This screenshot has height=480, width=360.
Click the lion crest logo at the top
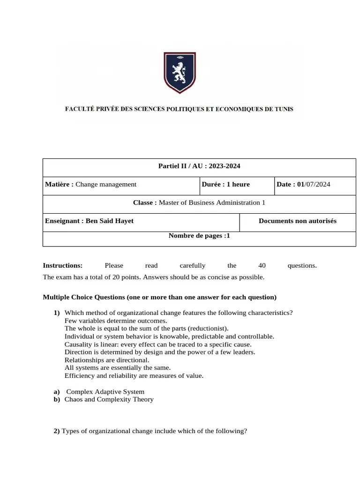point(180,72)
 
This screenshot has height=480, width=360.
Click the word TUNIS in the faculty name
point(282,109)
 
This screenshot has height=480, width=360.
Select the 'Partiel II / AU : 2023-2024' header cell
point(199,166)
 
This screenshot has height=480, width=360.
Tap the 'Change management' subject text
point(106,184)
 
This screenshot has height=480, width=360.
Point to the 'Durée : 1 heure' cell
point(226,184)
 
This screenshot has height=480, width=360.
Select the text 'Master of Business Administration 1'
point(212,202)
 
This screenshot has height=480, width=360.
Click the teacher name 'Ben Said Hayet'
point(110,221)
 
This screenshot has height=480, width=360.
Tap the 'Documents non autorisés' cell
point(297,221)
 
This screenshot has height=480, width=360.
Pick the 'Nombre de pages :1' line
point(199,236)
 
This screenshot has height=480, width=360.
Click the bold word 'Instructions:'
point(62,265)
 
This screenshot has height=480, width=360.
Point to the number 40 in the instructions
point(262,265)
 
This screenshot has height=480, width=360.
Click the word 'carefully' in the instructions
point(192,265)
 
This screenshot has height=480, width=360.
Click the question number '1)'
point(57,313)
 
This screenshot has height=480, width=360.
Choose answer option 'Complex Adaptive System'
point(105,391)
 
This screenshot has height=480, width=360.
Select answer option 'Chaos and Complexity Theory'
point(109,399)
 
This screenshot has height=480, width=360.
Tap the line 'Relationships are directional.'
point(107,360)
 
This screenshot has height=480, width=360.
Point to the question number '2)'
point(57,431)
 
